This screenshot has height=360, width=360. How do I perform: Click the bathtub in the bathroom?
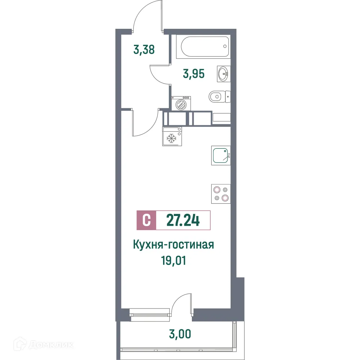pyautogui.click(x=203, y=47)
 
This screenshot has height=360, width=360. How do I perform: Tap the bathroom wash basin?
pyautogui.click(x=223, y=74)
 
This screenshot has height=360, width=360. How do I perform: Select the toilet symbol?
pyautogui.click(x=218, y=96)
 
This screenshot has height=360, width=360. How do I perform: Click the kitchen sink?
pyautogui.click(x=221, y=156)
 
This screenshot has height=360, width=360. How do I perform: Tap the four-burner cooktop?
pyautogui.click(x=221, y=193)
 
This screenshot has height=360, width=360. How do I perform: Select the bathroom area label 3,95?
pyautogui.click(x=194, y=74)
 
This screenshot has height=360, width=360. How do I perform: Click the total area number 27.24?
pyautogui.click(x=183, y=220)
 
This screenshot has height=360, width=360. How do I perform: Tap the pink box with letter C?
pyautogui.click(x=146, y=220)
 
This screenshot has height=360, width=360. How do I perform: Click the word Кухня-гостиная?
pyautogui.click(x=174, y=245)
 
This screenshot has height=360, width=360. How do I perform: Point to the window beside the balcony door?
pyautogui.click(x=150, y=314)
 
